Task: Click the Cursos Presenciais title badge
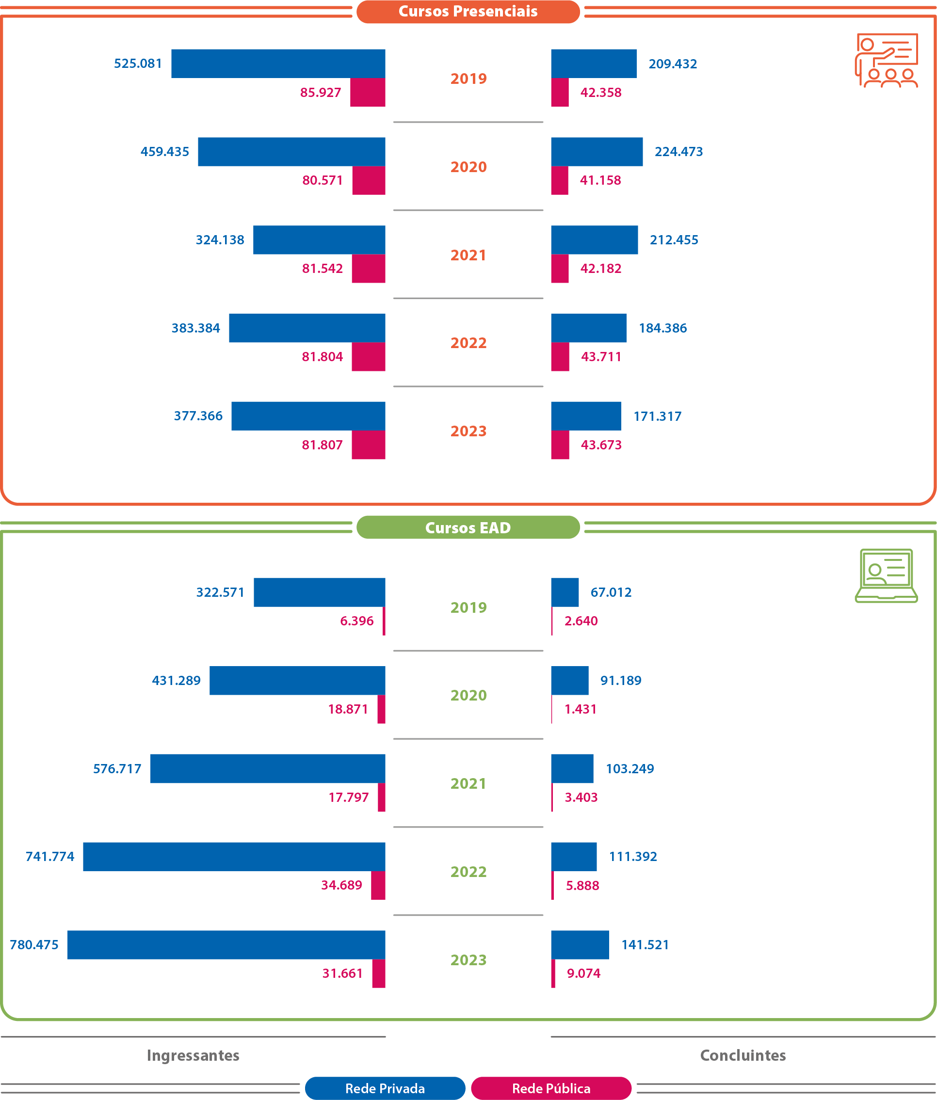coord(468,12)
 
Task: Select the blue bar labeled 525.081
coord(278,64)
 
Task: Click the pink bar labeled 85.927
coord(368,93)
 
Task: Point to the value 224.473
coord(679,152)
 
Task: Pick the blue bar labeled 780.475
coord(226,944)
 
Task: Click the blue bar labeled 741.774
coord(234,856)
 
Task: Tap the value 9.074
coord(583,973)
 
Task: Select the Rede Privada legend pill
coord(385,1088)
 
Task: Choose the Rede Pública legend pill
coord(551,1088)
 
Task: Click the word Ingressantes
coord(193,1055)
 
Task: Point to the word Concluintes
coord(743,1055)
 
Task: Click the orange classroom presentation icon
coord(886,60)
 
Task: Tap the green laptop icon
coord(886,575)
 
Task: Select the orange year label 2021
coord(468,255)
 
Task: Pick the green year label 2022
coord(468,872)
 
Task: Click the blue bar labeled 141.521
coord(580,944)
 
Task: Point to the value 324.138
coord(220,240)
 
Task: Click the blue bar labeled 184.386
coord(589,328)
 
